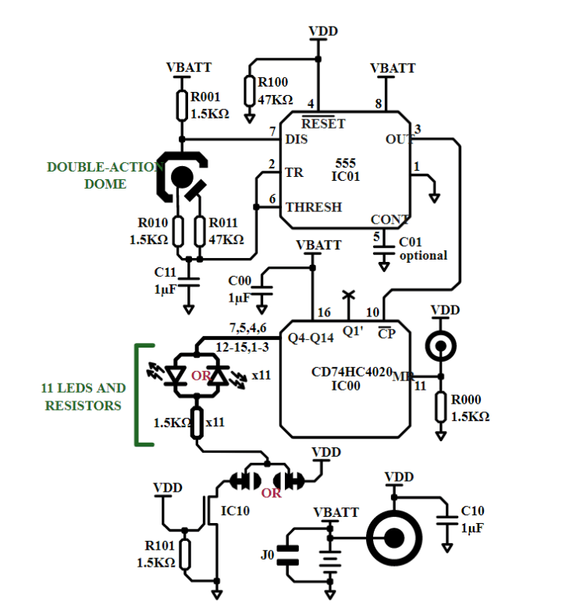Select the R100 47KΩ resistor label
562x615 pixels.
coord(275,90)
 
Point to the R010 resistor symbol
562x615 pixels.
coord(179,232)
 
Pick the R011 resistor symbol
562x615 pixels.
coord(200,232)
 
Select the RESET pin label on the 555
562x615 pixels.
coord(322,123)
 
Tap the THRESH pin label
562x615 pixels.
coord(312,207)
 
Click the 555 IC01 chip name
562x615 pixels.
coord(345,170)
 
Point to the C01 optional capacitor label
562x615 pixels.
coord(423,249)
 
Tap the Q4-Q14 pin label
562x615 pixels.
coord(311,338)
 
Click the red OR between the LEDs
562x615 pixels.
coord(200,376)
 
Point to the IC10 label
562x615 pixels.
coord(235,511)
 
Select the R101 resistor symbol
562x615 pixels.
coord(185,554)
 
